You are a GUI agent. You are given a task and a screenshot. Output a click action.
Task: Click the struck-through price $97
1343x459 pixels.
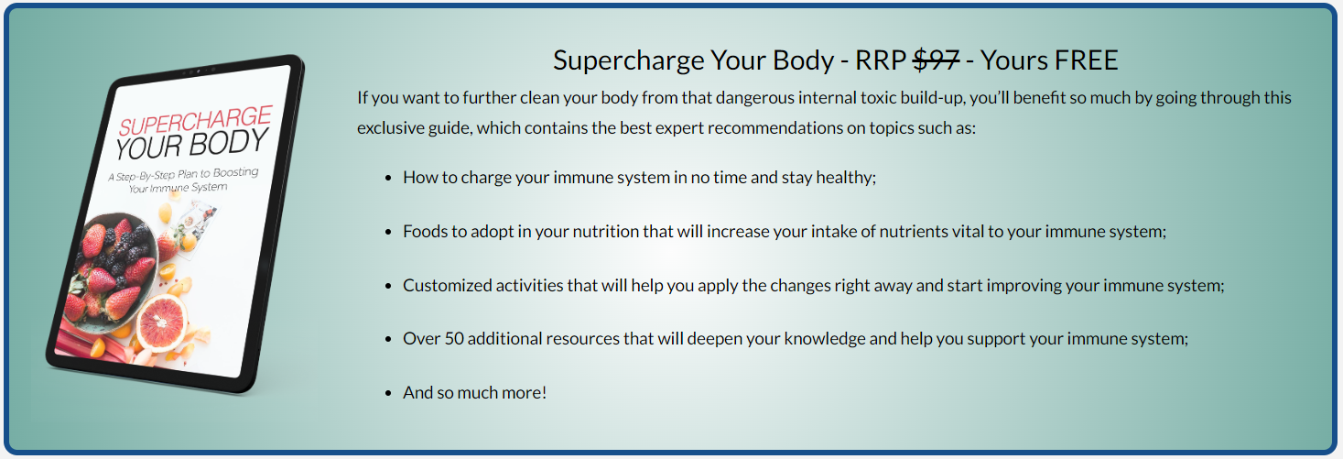[x=936, y=60]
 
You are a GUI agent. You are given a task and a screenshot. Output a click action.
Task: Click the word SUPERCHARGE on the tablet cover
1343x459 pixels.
[x=196, y=121]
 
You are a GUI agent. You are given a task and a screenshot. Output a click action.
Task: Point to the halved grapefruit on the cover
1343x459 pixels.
[x=161, y=322]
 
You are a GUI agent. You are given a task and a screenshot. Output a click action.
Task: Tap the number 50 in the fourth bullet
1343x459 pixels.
[x=454, y=338]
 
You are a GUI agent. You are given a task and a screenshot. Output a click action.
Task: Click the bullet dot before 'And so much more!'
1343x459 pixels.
[x=388, y=394]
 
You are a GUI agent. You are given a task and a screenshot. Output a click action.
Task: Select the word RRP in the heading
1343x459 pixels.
[x=880, y=60]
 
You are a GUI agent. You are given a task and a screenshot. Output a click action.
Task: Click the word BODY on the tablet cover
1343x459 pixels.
[x=229, y=144]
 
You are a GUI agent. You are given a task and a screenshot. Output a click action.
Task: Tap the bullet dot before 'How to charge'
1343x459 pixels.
[x=388, y=179]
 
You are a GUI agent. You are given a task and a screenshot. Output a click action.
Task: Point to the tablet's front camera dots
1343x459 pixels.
[x=198, y=71]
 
